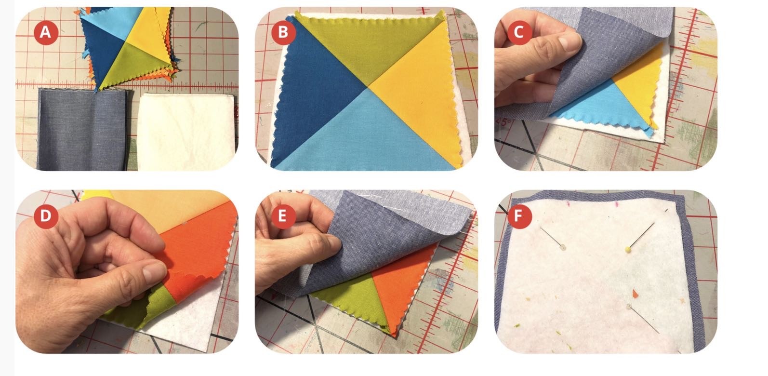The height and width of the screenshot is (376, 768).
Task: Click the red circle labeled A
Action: coord(46,32)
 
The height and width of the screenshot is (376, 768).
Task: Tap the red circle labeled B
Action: coord(283,32)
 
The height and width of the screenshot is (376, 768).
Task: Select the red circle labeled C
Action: coord(519,32)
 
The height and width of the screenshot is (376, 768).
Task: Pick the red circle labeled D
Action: coord(46,216)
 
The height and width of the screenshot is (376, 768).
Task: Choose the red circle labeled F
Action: coord(519,216)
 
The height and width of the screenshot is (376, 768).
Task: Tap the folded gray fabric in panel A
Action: coord(82,130)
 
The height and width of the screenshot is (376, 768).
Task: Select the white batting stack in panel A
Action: coord(187,132)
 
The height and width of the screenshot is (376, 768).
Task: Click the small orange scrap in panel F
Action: coord(635,293)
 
